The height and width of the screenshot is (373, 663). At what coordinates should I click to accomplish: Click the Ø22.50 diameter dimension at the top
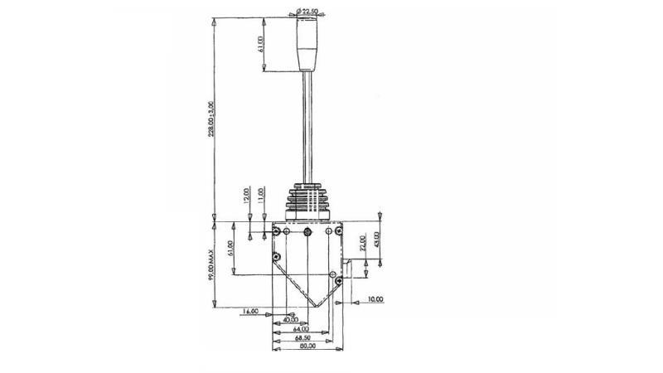[308, 11]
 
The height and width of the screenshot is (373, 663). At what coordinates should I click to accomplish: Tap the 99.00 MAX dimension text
[212, 264]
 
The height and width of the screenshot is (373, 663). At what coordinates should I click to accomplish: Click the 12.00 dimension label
[247, 196]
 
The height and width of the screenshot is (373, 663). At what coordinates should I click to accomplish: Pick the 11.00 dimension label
[261, 196]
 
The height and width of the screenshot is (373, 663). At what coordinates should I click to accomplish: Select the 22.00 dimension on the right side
[362, 242]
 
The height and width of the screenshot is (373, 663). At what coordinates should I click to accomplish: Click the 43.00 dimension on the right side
[377, 240]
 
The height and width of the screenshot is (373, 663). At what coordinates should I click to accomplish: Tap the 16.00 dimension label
[250, 312]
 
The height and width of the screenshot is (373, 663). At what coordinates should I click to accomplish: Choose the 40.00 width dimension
[290, 319]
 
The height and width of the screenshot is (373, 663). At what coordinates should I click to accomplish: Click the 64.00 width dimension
[301, 328]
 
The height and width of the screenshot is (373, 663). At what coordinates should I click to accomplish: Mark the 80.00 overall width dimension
[307, 348]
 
